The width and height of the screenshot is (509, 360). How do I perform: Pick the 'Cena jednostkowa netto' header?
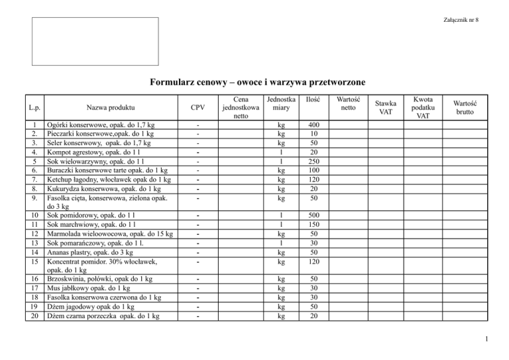tap(241, 107)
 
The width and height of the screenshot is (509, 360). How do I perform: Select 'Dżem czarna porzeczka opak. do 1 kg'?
tap(103, 316)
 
